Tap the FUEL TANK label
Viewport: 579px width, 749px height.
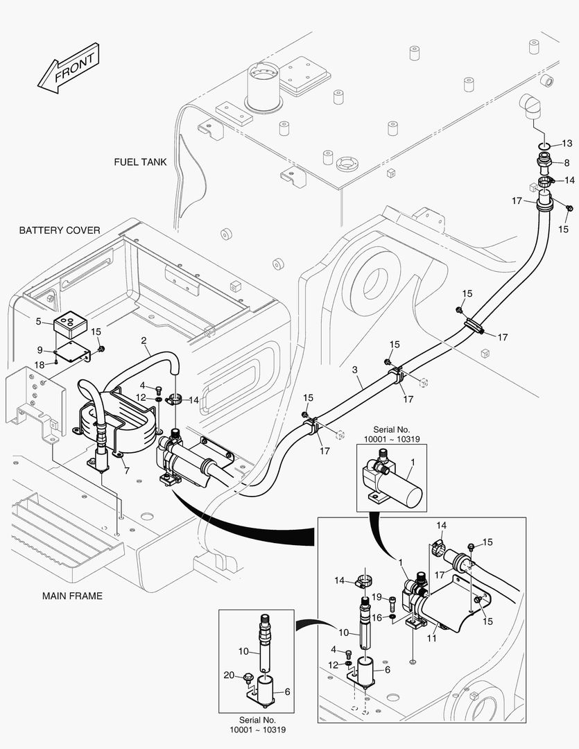click(141, 162)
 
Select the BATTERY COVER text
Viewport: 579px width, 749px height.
click(60, 230)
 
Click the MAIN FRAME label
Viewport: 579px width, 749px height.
click(72, 596)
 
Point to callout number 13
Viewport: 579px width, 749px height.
click(567, 144)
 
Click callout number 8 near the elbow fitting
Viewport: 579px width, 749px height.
click(567, 163)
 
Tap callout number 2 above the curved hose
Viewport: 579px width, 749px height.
click(144, 341)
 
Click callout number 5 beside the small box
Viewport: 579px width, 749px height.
click(39, 321)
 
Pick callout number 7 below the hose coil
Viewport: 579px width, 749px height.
click(126, 472)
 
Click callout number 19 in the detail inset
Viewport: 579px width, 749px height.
click(377, 597)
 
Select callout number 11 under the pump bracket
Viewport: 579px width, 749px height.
click(431, 638)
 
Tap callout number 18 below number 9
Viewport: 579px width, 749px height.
click(40, 364)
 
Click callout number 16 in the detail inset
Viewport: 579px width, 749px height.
click(377, 617)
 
